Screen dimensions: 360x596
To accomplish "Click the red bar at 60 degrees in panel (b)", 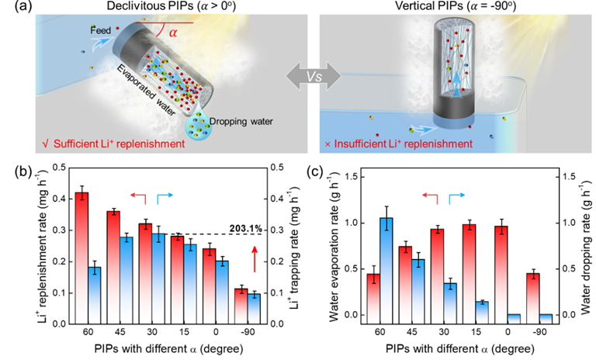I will [81, 256].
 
